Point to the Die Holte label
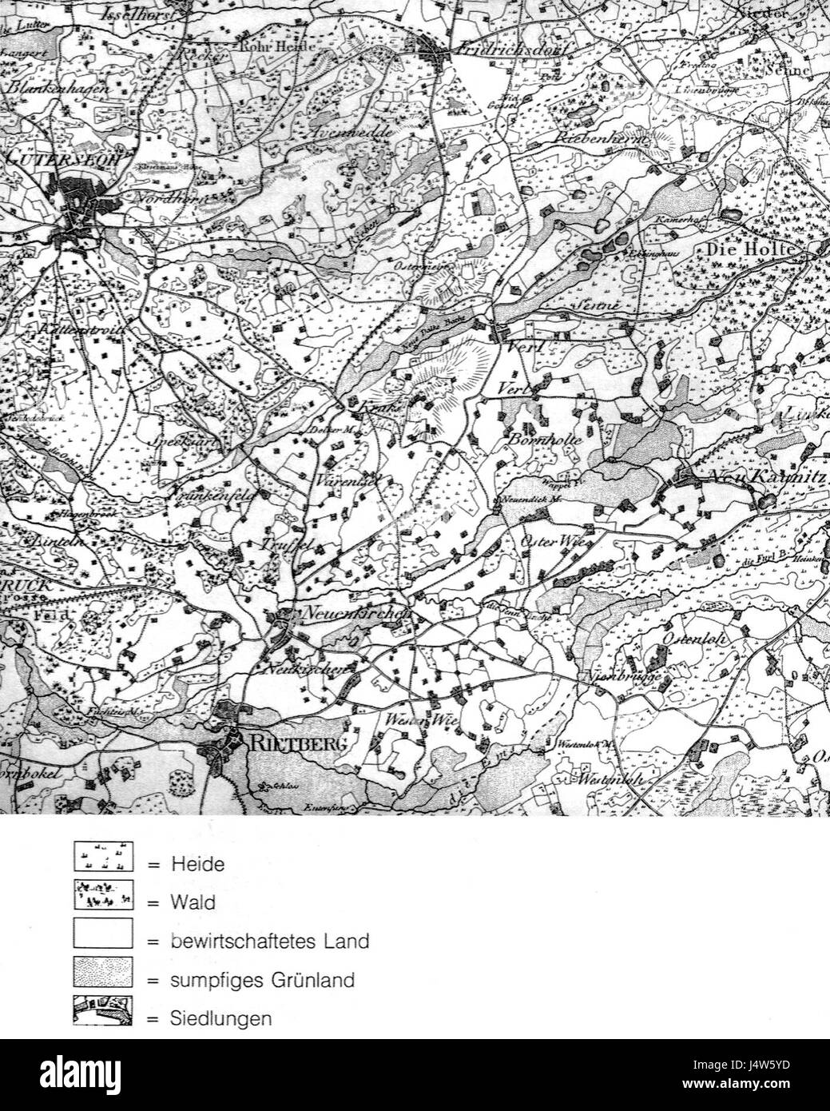click(750, 250)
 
